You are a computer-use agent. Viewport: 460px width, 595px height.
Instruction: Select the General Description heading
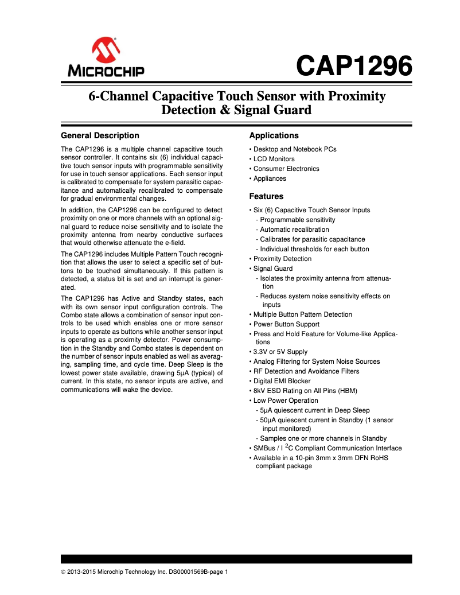[x=100, y=135]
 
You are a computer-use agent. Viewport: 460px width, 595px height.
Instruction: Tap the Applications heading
[x=274, y=135]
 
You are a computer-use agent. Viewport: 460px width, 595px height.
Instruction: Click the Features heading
[x=266, y=196]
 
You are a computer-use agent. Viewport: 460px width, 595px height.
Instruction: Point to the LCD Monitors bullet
[x=274, y=159]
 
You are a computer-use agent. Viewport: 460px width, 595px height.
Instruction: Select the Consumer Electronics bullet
[x=286, y=169]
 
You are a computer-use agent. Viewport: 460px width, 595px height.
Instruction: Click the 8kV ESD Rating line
[x=302, y=391]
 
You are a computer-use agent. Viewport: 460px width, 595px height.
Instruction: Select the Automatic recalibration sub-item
[x=294, y=230]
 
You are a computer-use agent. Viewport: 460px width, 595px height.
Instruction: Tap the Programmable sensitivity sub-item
[x=298, y=220]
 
